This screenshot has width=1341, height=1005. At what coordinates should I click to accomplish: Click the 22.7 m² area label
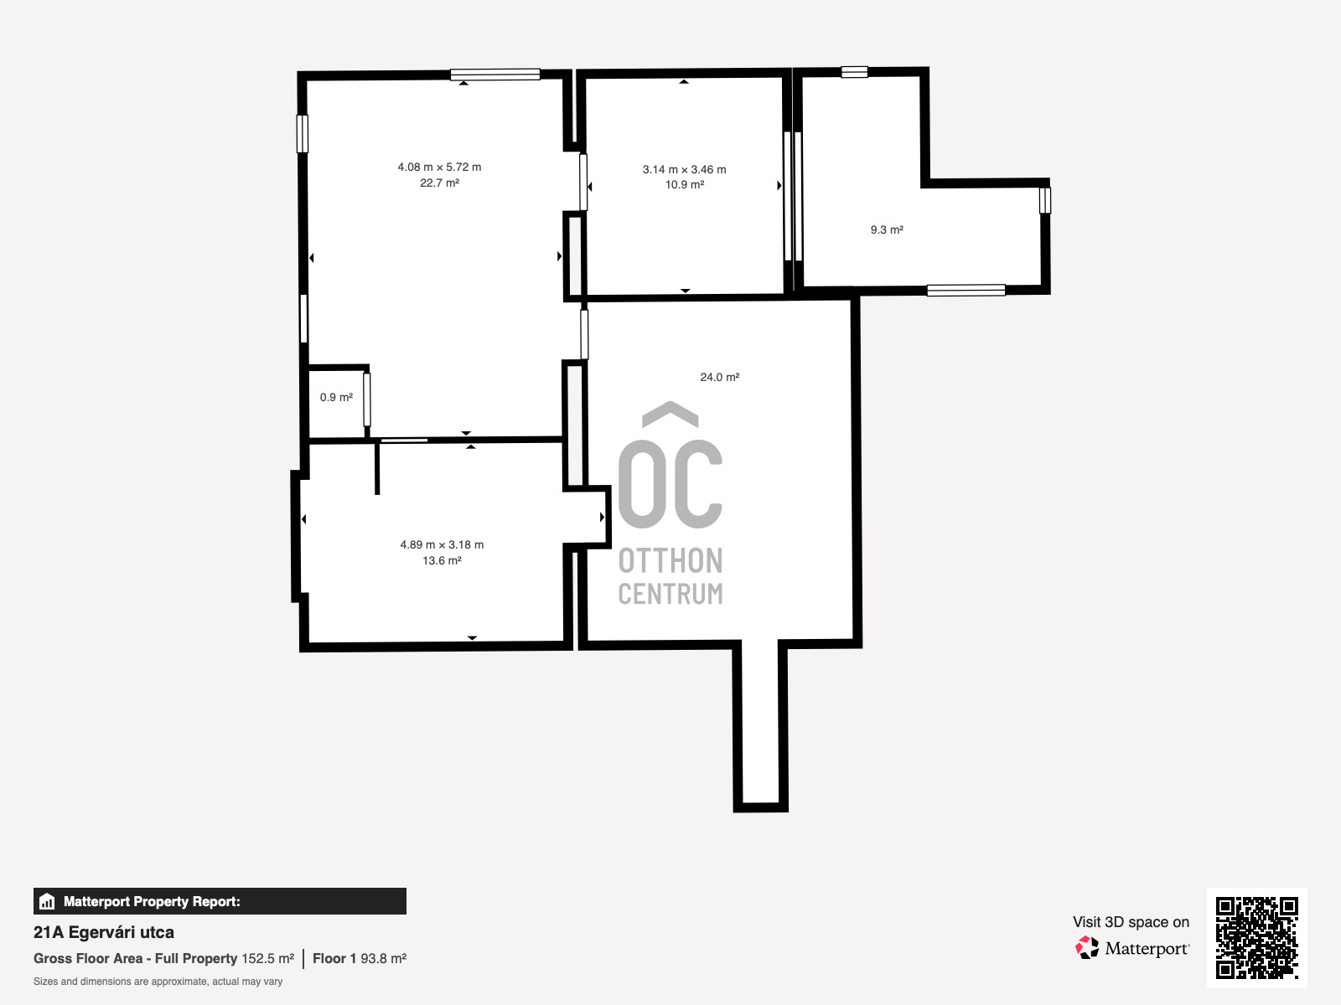tap(439, 183)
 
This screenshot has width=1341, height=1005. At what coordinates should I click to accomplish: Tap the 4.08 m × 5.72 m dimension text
tap(439, 167)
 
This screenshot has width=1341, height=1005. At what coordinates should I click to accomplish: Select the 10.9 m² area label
tap(684, 184)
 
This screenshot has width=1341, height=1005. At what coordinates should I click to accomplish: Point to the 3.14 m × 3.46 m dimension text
tap(684, 169)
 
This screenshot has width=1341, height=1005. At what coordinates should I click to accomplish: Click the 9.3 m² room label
tap(887, 229)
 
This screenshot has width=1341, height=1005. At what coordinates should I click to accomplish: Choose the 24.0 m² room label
tap(720, 377)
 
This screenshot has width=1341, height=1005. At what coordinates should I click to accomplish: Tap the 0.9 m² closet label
tap(336, 397)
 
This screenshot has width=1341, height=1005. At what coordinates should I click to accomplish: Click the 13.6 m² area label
tap(442, 560)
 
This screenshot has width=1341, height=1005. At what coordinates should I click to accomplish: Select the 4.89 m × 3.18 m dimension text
tap(442, 544)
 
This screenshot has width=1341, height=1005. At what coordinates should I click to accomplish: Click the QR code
tap(1256, 937)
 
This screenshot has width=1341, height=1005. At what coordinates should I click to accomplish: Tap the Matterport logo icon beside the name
tap(1087, 948)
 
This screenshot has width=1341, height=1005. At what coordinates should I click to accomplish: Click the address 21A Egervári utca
tap(104, 932)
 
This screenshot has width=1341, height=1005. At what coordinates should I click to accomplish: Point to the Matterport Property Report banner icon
tap(47, 901)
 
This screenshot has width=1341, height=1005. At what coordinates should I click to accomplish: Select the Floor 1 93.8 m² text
tap(360, 959)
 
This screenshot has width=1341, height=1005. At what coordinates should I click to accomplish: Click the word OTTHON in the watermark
tap(670, 561)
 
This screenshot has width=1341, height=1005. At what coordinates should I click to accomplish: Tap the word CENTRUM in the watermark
tap(670, 594)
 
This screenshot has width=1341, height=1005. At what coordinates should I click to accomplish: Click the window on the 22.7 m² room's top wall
tap(494, 75)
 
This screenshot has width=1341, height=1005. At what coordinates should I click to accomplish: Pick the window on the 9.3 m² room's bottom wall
tap(966, 291)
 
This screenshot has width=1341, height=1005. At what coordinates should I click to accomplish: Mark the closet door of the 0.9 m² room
tap(366, 399)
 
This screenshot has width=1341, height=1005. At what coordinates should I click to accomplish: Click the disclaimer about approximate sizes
tap(158, 982)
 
